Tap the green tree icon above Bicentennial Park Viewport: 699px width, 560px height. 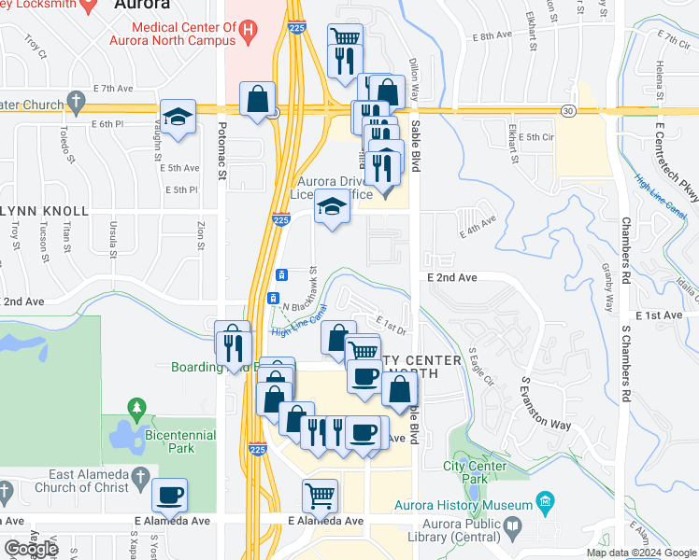(x=138, y=408)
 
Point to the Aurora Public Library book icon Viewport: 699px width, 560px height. (x=512, y=529)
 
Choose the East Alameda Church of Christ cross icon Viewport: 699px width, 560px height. (x=138, y=475)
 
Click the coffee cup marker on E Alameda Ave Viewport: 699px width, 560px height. (x=170, y=495)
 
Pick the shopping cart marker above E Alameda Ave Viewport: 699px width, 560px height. (x=320, y=496)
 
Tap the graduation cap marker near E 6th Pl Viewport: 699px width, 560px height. (x=178, y=117)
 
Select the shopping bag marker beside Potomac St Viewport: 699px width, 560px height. (x=257, y=100)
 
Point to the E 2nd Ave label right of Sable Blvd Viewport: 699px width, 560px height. (x=451, y=278)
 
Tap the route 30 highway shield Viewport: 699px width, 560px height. (x=567, y=111)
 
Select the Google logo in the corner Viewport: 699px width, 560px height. (x=31, y=549)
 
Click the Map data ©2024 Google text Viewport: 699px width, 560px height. (x=640, y=553)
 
